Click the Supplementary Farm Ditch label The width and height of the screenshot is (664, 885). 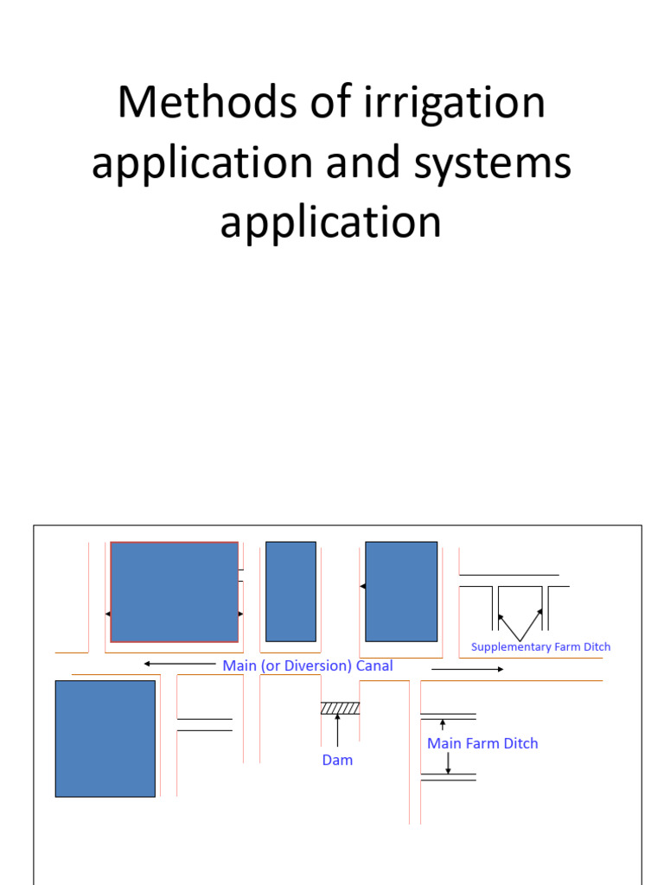click(x=540, y=646)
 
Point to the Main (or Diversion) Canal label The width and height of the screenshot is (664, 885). click(x=307, y=665)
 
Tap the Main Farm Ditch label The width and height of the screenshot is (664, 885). click(x=482, y=743)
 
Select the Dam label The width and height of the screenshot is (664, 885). click(x=337, y=761)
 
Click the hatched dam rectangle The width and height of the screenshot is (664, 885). click(x=340, y=708)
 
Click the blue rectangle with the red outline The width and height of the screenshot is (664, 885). click(x=175, y=592)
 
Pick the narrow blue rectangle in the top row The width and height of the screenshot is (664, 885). click(x=290, y=592)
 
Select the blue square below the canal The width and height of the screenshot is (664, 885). click(x=105, y=738)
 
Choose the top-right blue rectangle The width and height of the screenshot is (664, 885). click(x=401, y=592)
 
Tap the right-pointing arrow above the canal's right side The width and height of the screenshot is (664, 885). click(x=467, y=669)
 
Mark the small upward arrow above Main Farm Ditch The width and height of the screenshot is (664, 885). click(x=443, y=725)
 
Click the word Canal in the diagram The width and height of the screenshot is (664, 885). click(x=373, y=665)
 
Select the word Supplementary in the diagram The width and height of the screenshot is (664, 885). click(x=505, y=646)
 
